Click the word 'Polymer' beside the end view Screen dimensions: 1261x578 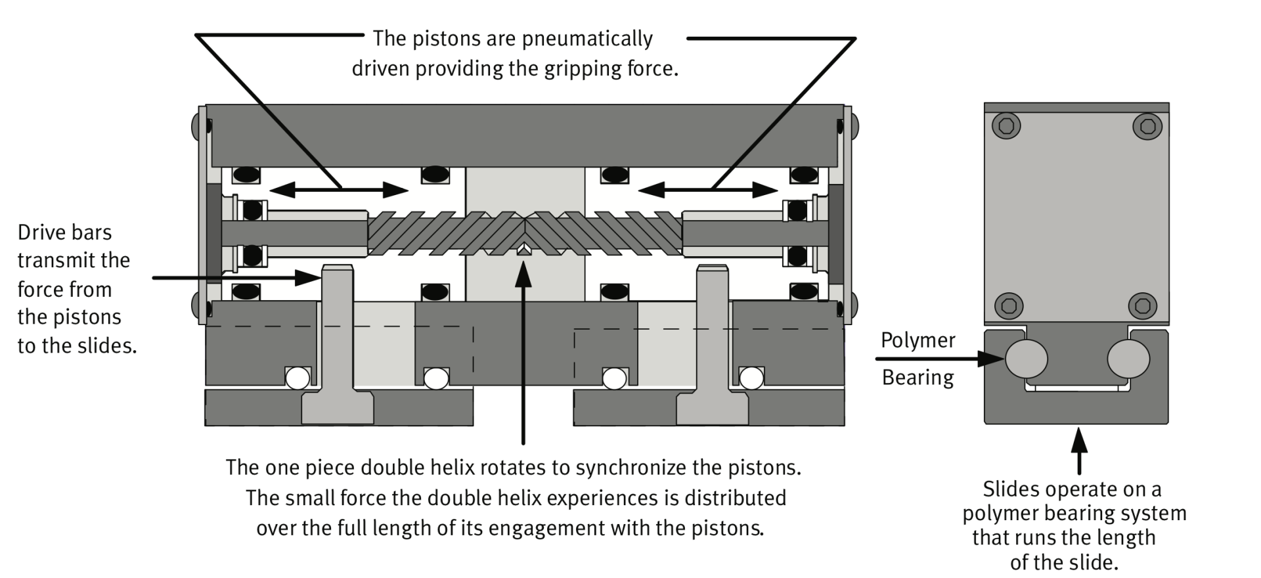click(x=918, y=341)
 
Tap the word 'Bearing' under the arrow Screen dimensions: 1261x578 click(x=918, y=378)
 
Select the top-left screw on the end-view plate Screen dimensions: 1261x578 click(x=1006, y=125)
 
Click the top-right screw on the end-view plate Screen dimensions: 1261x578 click(x=1148, y=125)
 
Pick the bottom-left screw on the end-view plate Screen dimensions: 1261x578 click(x=1008, y=305)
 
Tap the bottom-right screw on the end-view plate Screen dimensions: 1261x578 click(x=1142, y=305)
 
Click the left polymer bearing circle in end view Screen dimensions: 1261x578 click(x=1026, y=359)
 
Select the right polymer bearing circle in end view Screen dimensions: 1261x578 click(x=1128, y=359)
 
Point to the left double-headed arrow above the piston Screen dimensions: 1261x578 click(x=339, y=190)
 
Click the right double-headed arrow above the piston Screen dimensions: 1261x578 click(x=708, y=190)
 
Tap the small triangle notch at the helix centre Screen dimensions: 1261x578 click(x=523, y=250)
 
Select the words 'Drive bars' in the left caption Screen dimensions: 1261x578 click(x=64, y=233)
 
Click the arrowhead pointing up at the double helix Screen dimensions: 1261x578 click(x=523, y=273)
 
